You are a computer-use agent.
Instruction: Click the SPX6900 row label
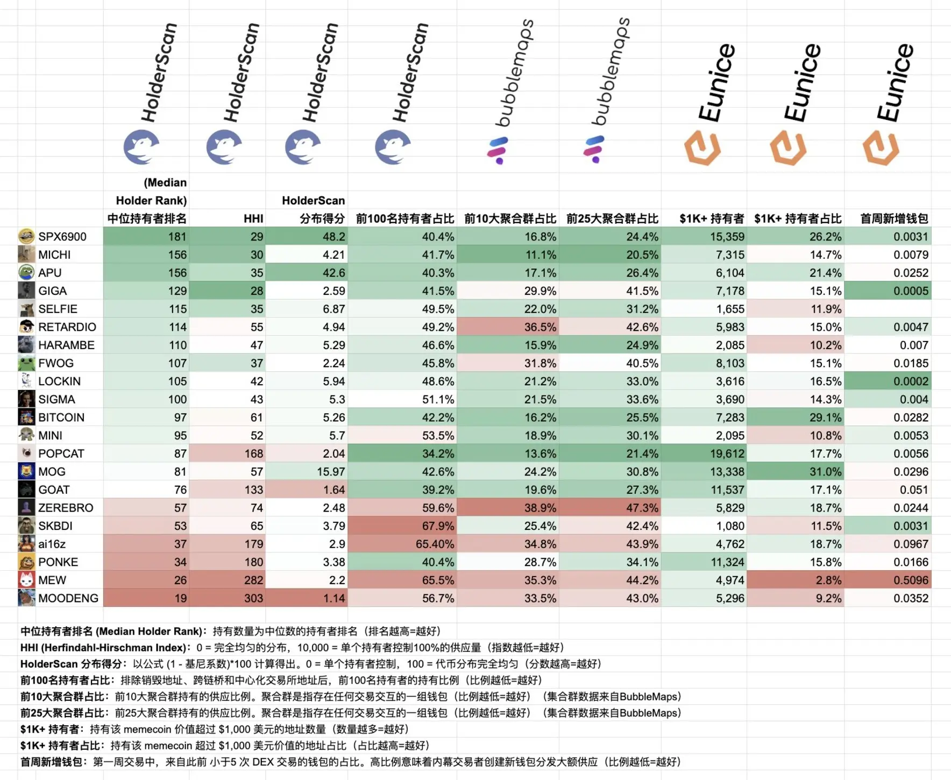point(62,237)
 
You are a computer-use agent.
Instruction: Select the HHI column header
point(253,218)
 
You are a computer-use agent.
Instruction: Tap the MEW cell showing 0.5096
point(911,580)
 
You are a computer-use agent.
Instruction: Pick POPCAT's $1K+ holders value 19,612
point(727,453)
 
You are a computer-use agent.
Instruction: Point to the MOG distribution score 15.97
point(331,472)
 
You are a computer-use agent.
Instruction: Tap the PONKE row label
point(58,562)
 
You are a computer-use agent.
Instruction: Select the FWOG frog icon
point(26,363)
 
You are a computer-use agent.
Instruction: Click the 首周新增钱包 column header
point(894,218)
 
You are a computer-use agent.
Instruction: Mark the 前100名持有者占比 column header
point(405,218)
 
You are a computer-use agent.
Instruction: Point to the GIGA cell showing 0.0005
point(911,291)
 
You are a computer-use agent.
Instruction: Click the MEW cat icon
point(26,580)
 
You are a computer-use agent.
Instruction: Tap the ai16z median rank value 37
point(180,544)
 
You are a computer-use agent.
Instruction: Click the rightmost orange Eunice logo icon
point(881,148)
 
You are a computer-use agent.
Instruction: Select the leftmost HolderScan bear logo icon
point(141,147)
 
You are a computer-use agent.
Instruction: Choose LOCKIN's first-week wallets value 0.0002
point(911,381)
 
